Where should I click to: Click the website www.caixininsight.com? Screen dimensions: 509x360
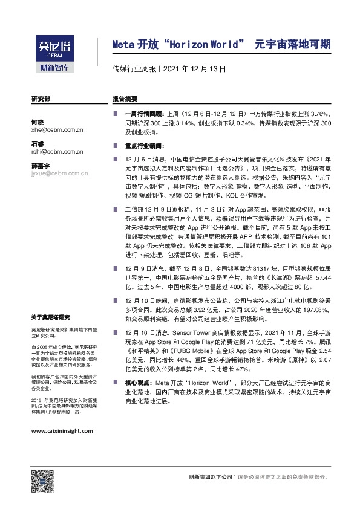(x=62, y=430)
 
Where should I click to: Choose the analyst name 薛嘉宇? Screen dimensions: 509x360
(x=41, y=166)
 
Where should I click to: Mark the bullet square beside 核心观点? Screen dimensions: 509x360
(x=115, y=382)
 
